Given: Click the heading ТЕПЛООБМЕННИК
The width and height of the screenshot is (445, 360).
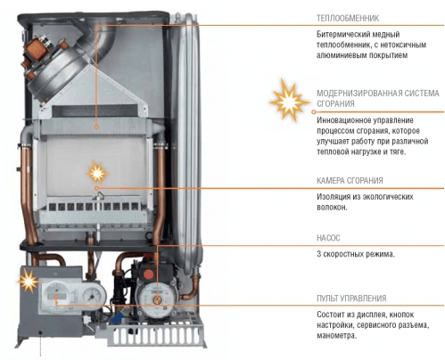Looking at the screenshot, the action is pos(348,18).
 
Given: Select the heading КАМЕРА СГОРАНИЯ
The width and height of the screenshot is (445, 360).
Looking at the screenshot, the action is pos(350,181).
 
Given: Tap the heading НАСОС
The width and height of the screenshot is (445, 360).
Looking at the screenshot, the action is pos(328,238).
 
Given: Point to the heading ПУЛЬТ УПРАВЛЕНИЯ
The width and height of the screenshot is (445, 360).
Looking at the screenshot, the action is pos(351,299).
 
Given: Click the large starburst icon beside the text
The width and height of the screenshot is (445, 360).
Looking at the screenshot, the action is pos(289,100).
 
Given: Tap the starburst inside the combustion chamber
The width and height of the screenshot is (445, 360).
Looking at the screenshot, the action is pos(97,172).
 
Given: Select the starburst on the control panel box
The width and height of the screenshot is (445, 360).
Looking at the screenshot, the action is pos(29,281).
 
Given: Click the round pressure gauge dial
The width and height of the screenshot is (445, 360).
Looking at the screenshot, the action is pos(92,295).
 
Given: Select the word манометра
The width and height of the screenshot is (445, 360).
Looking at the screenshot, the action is pos(336,336).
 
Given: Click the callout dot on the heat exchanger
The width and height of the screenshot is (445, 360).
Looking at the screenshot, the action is pos(96,127).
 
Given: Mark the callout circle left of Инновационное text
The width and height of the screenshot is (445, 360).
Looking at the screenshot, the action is pos(313,112).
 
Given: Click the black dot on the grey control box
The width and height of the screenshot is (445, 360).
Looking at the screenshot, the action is pos(40,332).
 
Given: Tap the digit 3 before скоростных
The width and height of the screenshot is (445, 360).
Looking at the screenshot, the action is pos(318,254).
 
